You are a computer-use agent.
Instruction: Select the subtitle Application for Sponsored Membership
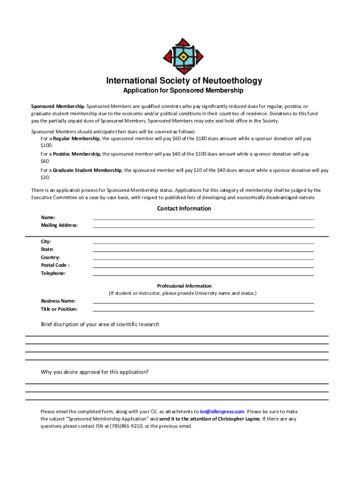(x=183, y=90)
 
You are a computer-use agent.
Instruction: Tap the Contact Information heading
(x=184, y=209)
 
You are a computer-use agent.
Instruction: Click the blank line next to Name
(x=203, y=218)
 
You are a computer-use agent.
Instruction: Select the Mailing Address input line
(x=203, y=226)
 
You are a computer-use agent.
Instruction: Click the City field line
(x=203, y=243)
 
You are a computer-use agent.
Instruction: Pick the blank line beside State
(x=203, y=251)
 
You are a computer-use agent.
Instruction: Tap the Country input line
(x=203, y=259)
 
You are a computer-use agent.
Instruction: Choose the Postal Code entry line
(x=203, y=267)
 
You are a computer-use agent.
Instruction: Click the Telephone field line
(x=203, y=275)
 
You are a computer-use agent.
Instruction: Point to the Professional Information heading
(x=184, y=286)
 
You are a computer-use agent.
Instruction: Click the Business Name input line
(x=203, y=303)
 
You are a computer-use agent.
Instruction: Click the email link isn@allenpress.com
(x=222, y=412)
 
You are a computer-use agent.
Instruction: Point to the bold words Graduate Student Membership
(x=87, y=170)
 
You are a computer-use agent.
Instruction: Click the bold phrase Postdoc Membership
(x=77, y=153)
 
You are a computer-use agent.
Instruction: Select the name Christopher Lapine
(x=237, y=419)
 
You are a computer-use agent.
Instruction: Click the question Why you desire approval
(x=95, y=372)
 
